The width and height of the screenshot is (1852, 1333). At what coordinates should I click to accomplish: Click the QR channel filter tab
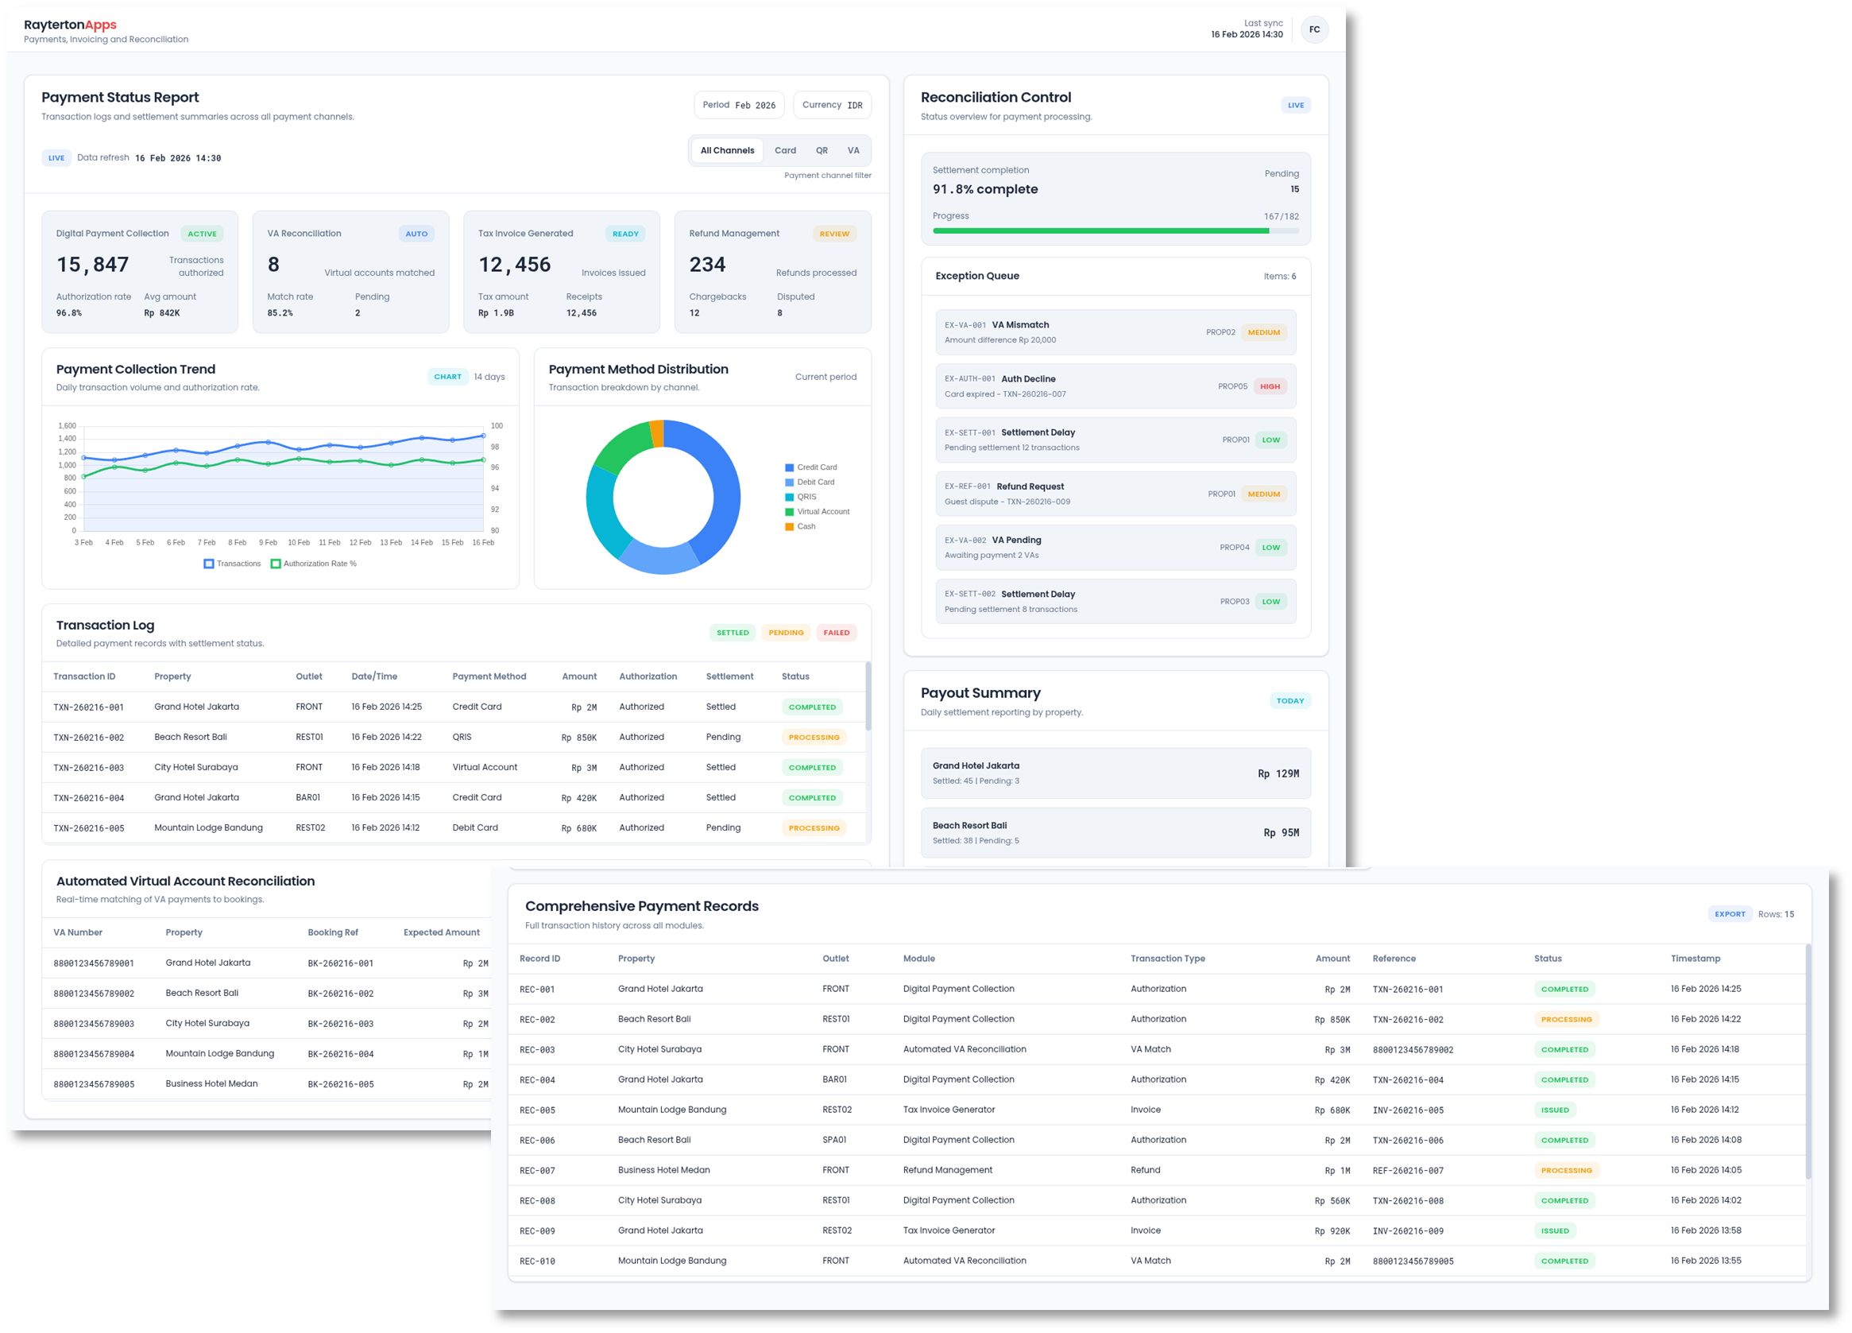point(822,150)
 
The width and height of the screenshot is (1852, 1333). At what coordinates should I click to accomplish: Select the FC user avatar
point(1314,29)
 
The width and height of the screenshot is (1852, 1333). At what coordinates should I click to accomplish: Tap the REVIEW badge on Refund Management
point(833,234)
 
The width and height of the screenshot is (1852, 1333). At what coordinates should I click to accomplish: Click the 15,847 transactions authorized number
point(92,265)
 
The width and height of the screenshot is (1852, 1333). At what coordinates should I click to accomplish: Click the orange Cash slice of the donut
point(656,434)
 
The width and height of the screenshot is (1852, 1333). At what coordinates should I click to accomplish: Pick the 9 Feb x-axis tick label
point(268,542)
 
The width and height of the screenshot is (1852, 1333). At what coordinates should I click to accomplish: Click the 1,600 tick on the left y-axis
point(67,425)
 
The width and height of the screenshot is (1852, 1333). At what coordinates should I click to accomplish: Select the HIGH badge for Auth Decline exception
point(1270,386)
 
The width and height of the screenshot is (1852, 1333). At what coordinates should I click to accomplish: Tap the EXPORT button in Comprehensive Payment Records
point(1730,914)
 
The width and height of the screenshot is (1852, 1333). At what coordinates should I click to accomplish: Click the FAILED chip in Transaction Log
point(836,632)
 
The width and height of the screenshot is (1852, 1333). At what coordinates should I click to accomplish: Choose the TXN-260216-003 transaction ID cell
point(88,768)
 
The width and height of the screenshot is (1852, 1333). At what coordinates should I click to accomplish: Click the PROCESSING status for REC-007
point(1566,1171)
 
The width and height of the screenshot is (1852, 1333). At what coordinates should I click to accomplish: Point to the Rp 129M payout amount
point(1278,773)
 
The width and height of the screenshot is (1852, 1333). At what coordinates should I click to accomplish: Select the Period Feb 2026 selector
point(739,105)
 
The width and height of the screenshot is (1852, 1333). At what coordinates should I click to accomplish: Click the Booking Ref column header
point(332,932)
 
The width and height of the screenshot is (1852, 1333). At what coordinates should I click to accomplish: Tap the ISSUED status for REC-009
point(1555,1231)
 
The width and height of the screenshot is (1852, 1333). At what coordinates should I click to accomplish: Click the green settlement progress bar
point(1100,231)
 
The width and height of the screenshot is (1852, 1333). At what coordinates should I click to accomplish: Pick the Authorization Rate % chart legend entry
point(314,564)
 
